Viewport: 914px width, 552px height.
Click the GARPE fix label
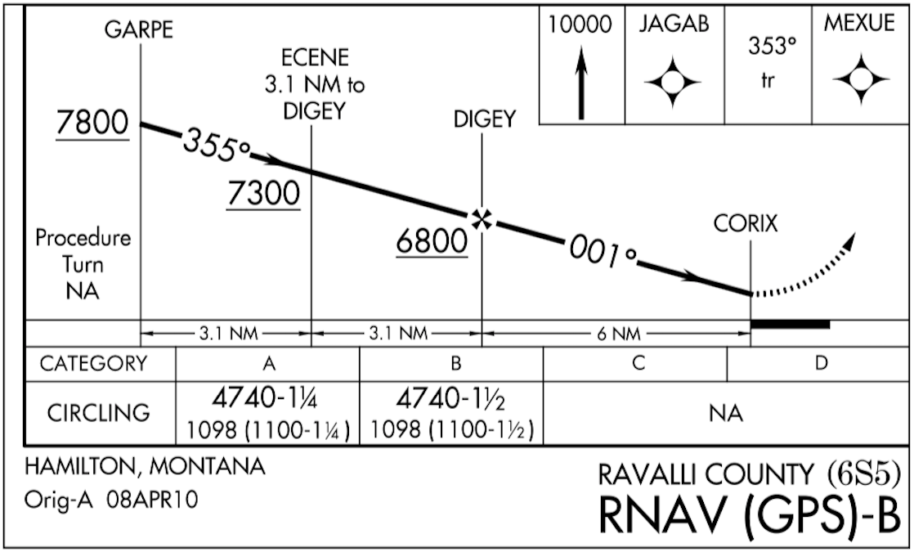pyautogui.click(x=139, y=30)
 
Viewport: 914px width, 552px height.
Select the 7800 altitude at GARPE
pyautogui.click(x=92, y=123)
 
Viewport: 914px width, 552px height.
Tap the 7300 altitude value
pyautogui.click(x=263, y=195)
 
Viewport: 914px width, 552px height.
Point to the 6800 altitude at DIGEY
pyautogui.click(x=432, y=241)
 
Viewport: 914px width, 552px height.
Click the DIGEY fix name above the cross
pyautogui.click(x=485, y=119)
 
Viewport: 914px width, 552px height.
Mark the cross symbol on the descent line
pyautogui.click(x=482, y=218)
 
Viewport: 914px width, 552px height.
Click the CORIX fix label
pyautogui.click(x=745, y=223)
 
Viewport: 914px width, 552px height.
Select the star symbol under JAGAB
pyautogui.click(x=672, y=82)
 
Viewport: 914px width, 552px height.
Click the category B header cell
pyautogui.click(x=451, y=363)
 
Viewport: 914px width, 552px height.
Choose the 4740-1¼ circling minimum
pyautogui.click(x=267, y=401)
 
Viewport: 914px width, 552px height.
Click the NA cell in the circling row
pyautogui.click(x=727, y=414)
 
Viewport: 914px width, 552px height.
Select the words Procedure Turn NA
pyautogui.click(x=83, y=264)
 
